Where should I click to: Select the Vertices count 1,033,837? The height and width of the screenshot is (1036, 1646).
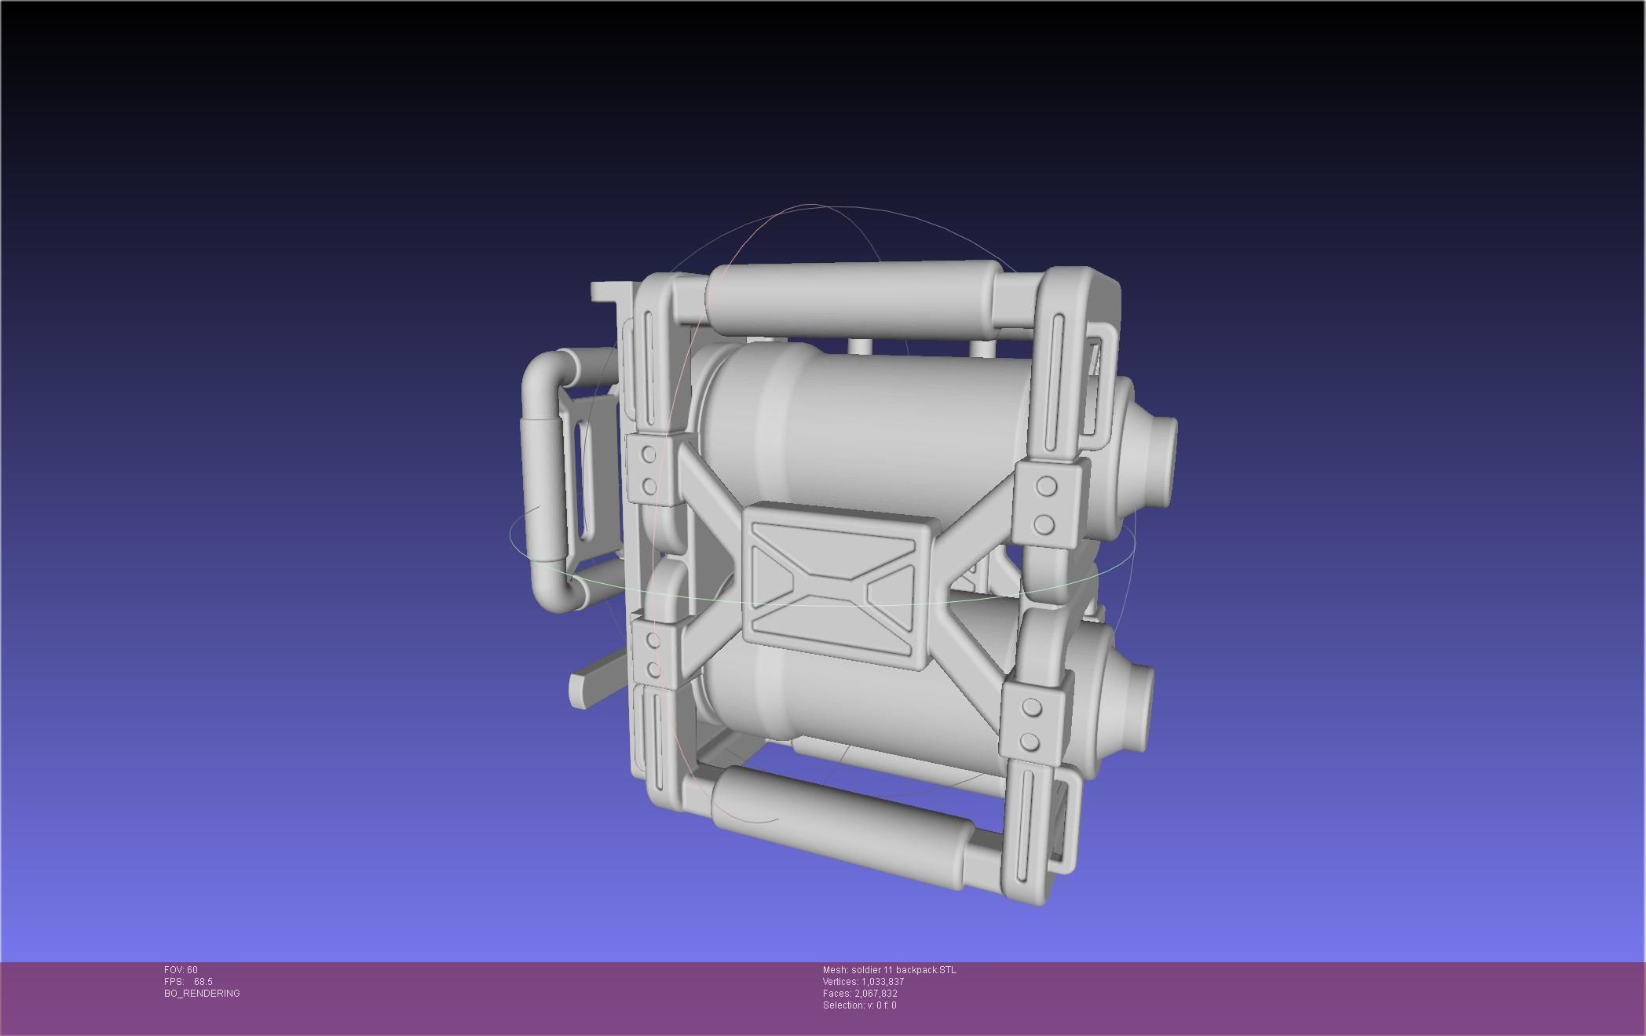(x=882, y=982)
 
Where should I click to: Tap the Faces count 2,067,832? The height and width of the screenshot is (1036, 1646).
(x=876, y=994)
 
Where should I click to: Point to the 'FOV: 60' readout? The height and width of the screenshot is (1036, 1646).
(x=181, y=970)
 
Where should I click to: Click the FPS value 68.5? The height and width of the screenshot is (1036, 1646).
(x=203, y=982)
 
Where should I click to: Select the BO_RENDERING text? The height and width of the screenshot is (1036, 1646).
(x=202, y=994)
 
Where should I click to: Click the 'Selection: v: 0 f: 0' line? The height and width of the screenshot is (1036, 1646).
(x=859, y=1005)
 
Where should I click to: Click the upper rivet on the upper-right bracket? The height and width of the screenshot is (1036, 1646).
(x=1046, y=487)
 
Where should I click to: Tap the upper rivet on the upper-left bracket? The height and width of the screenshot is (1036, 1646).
(x=649, y=454)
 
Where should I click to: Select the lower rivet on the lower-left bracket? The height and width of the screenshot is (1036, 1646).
(x=653, y=669)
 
